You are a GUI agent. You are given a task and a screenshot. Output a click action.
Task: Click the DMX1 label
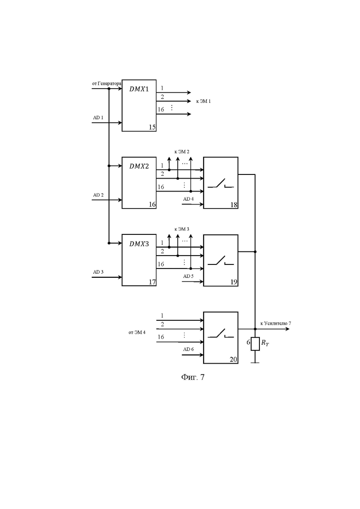point(139,89)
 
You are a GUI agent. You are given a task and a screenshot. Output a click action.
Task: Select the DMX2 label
point(139,166)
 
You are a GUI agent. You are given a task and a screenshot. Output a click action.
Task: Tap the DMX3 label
point(139,244)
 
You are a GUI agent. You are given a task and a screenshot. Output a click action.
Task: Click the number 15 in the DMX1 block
point(152,127)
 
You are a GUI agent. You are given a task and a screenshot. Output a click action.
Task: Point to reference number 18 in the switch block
point(234,205)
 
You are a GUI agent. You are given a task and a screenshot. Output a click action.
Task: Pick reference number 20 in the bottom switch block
point(234,359)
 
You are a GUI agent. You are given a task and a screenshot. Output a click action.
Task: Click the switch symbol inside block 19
point(221,260)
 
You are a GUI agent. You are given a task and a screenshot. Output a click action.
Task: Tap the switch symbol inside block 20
point(221,333)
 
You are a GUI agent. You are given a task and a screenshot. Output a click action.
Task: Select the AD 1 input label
point(98,118)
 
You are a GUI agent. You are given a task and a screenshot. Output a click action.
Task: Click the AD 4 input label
point(188,199)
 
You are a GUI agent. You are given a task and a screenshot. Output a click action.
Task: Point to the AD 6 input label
point(188,349)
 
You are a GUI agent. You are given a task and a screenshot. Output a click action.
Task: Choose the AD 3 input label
point(98,272)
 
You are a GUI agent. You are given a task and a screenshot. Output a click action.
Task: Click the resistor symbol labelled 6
point(255,344)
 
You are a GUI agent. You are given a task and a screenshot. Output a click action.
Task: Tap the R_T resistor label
point(265,343)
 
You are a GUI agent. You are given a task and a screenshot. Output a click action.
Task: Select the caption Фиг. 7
point(193,377)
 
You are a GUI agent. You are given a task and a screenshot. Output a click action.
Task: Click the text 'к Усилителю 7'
point(276,323)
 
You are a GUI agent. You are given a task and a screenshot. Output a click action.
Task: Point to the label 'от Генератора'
point(107,84)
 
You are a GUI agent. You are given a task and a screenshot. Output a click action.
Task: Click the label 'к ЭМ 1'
point(204,101)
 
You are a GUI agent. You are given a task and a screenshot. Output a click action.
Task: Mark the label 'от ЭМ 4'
point(137,332)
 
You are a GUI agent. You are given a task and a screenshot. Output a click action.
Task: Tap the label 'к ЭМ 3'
point(182,229)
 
